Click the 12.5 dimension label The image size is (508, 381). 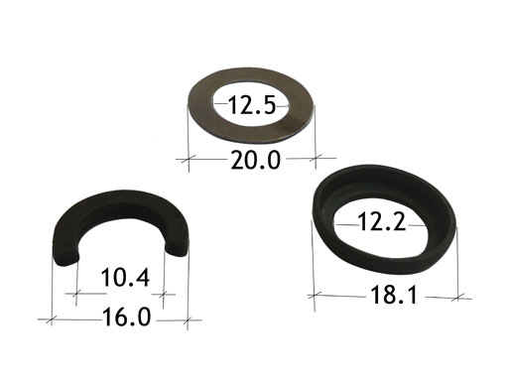[252, 105]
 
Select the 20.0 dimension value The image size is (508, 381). [255, 160]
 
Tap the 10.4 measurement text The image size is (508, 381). [125, 278]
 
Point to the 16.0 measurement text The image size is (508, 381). [127, 317]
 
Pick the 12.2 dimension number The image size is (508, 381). [382, 221]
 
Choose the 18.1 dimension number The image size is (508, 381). [394, 295]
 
